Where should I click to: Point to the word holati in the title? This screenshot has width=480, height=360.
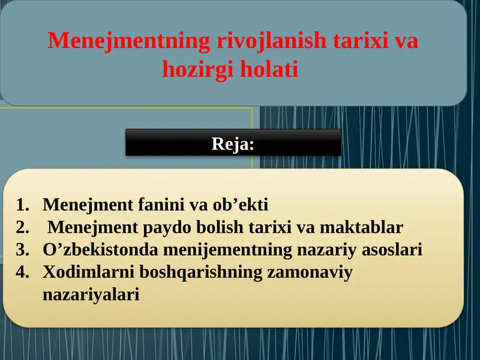click(269, 70)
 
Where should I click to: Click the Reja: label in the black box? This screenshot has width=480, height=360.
click(233, 144)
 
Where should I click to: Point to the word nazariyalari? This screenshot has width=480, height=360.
click(91, 295)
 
